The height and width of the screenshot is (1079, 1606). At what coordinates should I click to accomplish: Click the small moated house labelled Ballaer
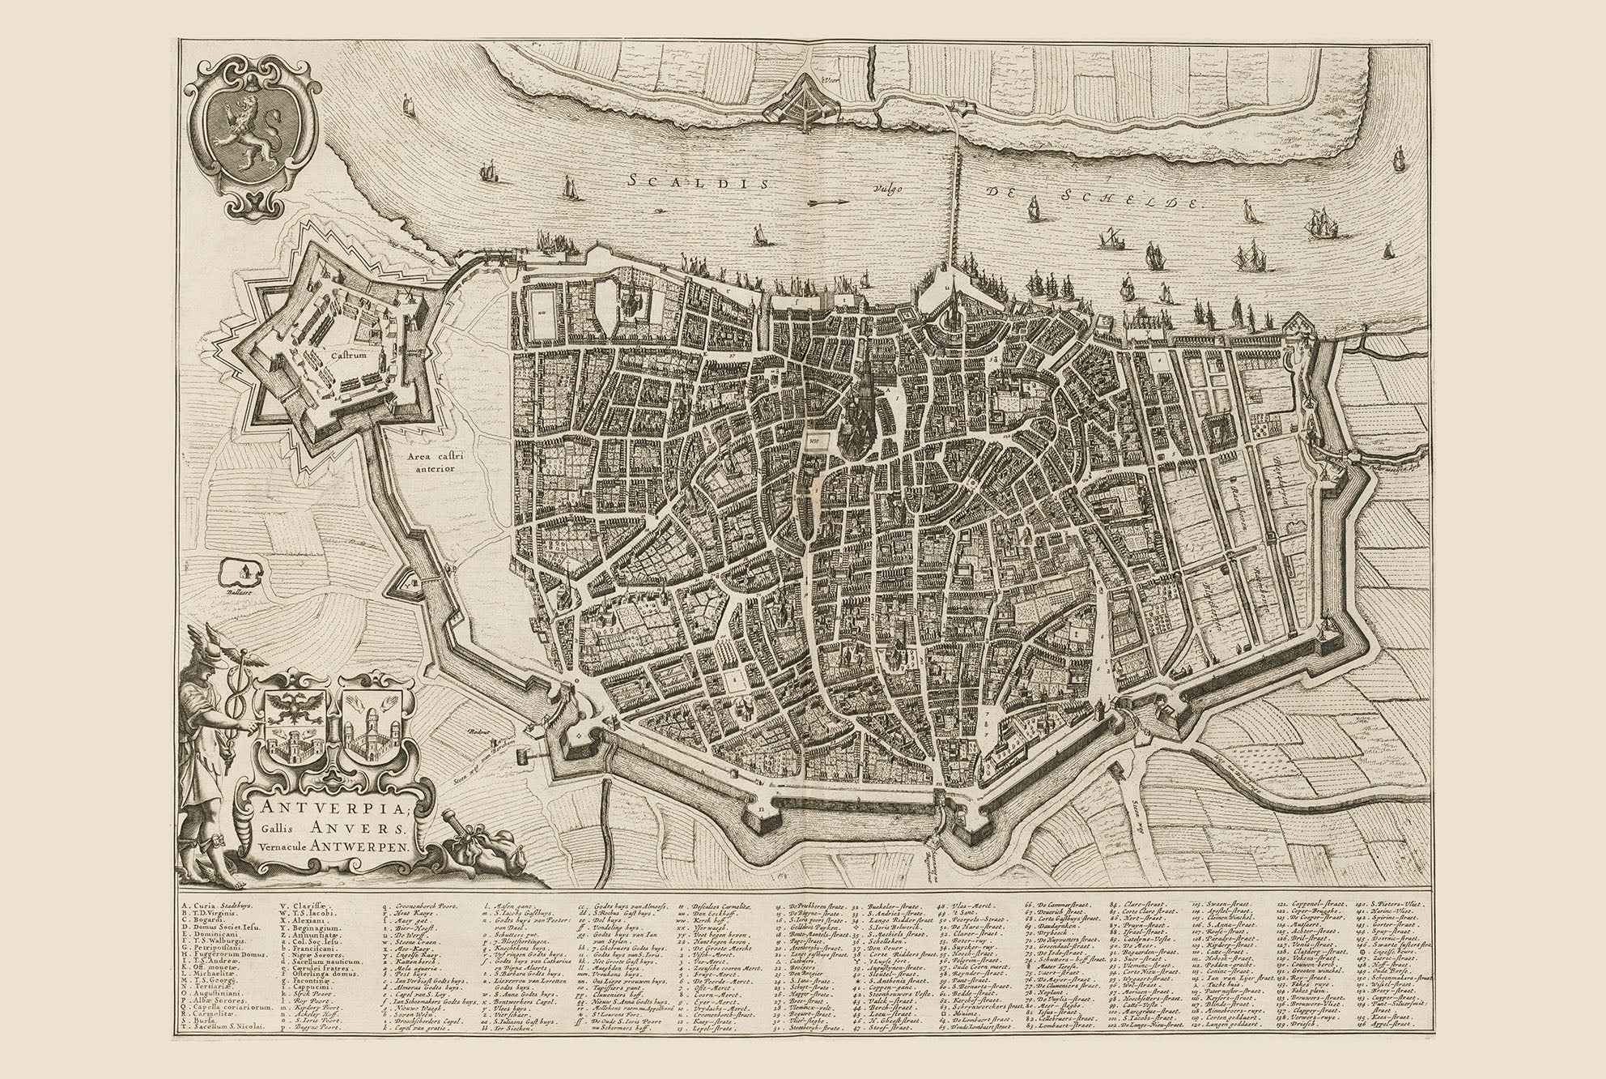coord(240,574)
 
